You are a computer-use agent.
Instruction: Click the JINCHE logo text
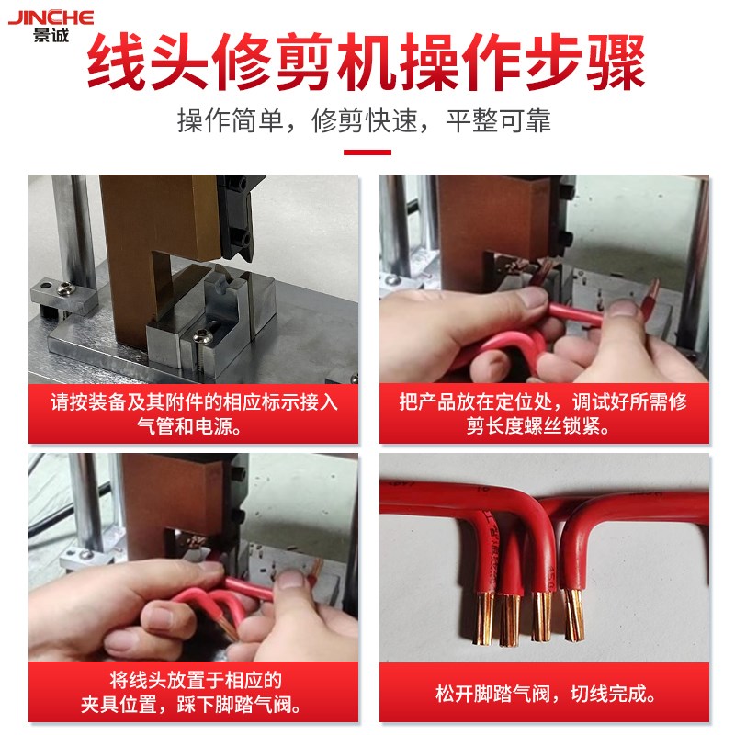(51, 17)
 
